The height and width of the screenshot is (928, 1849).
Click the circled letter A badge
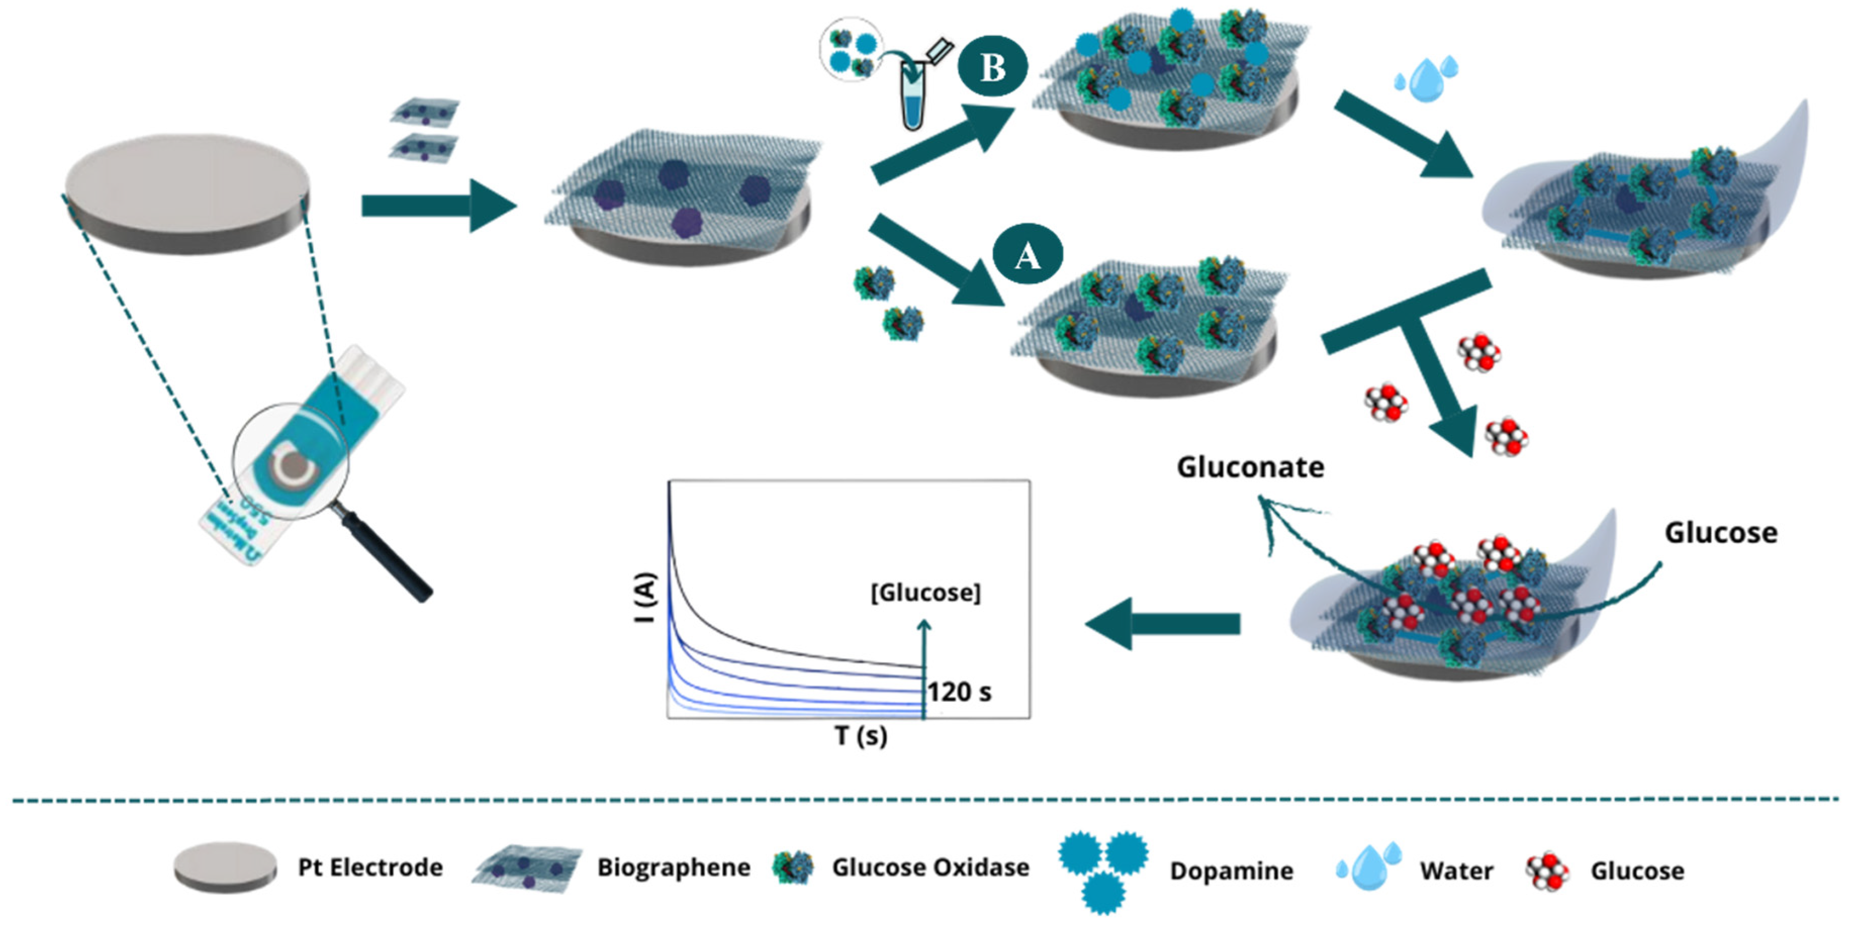pos(1027,255)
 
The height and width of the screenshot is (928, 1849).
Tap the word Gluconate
pos(1250,467)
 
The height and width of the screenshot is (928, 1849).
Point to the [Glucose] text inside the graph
pos(925,593)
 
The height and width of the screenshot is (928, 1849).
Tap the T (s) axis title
pos(861,735)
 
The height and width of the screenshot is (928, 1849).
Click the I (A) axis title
pos(646,597)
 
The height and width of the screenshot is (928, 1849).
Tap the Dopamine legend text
pos(1231,870)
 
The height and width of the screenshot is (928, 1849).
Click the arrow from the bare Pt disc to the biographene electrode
pos(438,206)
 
